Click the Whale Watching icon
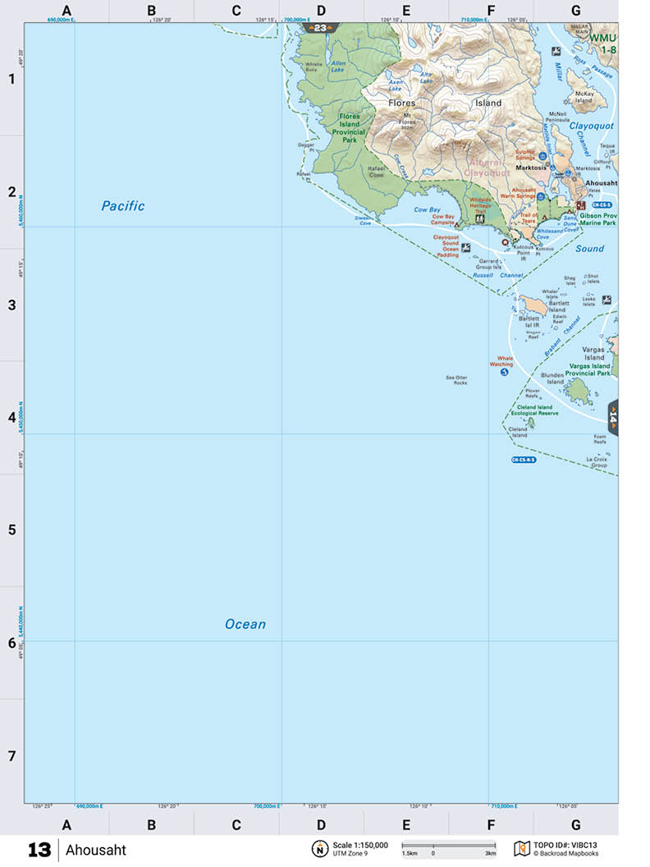tap(504, 372)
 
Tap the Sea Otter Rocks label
tap(456, 380)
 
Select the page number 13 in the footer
tap(39, 850)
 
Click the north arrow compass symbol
tap(319, 849)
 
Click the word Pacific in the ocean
tap(123, 206)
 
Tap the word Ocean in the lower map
tap(245, 624)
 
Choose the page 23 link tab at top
tap(320, 28)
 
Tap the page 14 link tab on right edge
tap(613, 417)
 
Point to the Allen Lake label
tap(338, 67)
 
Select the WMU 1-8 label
tap(608, 44)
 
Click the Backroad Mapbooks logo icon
tap(520, 848)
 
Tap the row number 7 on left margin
tap(11, 755)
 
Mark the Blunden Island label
tap(552, 378)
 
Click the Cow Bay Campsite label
tap(443, 222)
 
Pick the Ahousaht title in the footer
tap(96, 850)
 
